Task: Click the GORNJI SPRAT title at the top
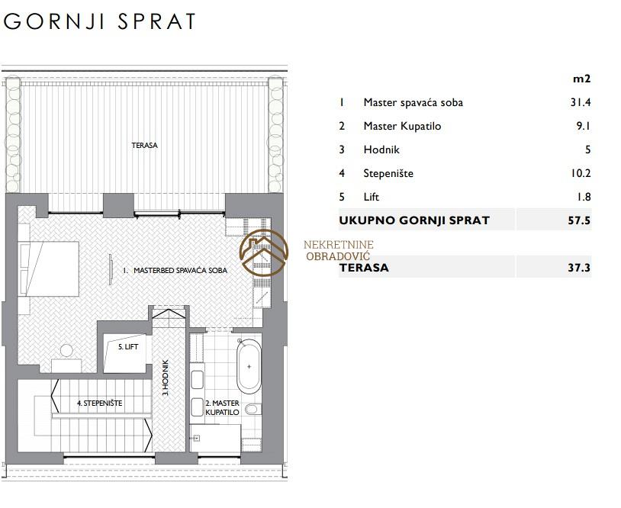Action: (x=100, y=21)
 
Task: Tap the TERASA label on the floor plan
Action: (x=144, y=146)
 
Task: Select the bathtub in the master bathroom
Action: (x=249, y=366)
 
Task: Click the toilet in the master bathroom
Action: (x=253, y=409)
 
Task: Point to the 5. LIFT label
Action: (x=128, y=347)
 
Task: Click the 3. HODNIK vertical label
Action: (x=166, y=378)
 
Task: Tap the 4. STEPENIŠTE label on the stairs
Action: (x=99, y=403)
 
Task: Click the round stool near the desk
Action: (x=66, y=351)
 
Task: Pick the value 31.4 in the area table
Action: (x=581, y=102)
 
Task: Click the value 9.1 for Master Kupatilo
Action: (x=584, y=126)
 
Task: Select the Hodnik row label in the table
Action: (x=381, y=150)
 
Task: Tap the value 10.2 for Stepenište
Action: (x=581, y=173)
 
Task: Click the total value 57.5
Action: (x=579, y=220)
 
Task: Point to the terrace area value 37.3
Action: (x=579, y=268)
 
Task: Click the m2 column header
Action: (x=582, y=79)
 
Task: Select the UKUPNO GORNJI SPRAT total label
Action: (x=414, y=220)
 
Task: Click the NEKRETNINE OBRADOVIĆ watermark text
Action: (x=339, y=251)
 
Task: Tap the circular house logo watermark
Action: (x=264, y=252)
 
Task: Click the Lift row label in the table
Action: (x=371, y=197)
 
